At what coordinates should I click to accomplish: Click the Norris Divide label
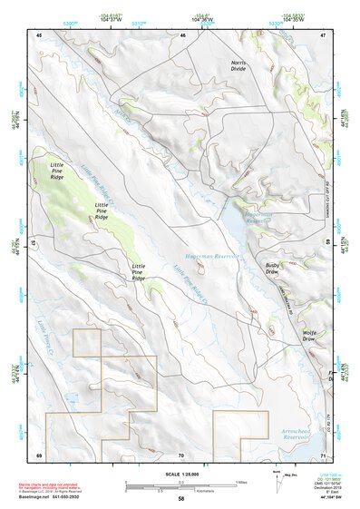tap(238, 65)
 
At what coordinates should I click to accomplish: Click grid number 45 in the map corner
tap(39, 34)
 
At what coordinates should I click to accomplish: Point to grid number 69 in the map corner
tap(39, 455)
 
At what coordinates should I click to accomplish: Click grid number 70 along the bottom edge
tap(180, 455)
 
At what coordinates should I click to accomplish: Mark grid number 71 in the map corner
tap(322, 455)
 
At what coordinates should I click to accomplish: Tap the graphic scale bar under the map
tap(180, 483)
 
